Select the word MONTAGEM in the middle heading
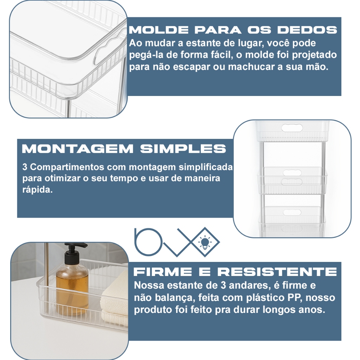point(78,149)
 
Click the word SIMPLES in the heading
point(183,149)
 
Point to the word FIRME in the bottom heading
point(163,272)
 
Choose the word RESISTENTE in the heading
point(277,272)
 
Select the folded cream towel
point(114,301)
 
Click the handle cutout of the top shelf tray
point(292,128)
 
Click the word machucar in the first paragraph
point(254,67)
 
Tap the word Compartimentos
point(67,167)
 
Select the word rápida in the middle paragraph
point(37,190)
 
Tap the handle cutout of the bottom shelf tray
point(292,213)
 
